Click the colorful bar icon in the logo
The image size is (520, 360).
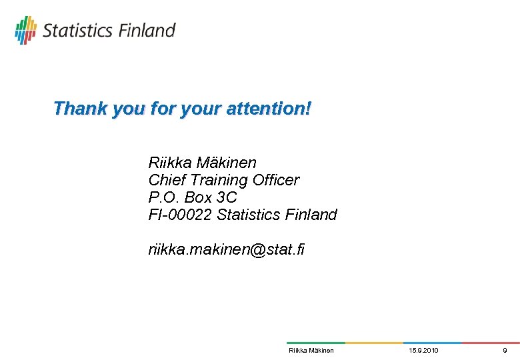(26, 30)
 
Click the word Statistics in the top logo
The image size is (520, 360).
(78, 31)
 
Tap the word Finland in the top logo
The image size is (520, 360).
(147, 31)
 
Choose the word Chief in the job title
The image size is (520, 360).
(167, 180)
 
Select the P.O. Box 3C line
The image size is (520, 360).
(193, 197)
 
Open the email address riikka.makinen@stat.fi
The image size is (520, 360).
(226, 250)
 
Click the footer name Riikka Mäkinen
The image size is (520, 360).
(311, 350)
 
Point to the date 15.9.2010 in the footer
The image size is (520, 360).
(423, 350)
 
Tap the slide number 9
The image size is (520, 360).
(505, 350)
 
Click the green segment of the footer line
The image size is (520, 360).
(315, 343)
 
